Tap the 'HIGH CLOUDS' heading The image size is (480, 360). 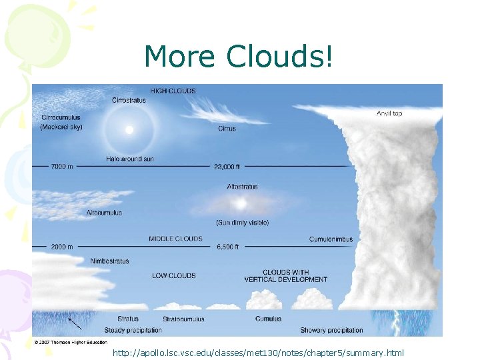173,91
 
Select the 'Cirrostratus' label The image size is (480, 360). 129,100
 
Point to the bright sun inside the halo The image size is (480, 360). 129,129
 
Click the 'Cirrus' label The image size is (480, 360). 227,129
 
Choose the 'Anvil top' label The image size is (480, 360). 389,113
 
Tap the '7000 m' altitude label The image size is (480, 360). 62,166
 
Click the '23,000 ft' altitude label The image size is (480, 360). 227,166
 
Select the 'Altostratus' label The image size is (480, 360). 242,187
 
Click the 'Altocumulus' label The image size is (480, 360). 104,213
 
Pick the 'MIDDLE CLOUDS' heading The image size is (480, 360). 175,239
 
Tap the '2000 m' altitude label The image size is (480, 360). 62,247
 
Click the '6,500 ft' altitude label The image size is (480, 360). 227,247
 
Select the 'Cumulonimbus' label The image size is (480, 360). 331,239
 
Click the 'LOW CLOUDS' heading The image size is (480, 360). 173,275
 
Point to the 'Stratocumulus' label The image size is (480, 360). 183,319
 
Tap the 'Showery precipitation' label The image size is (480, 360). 331,330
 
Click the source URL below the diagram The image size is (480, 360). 258,351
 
